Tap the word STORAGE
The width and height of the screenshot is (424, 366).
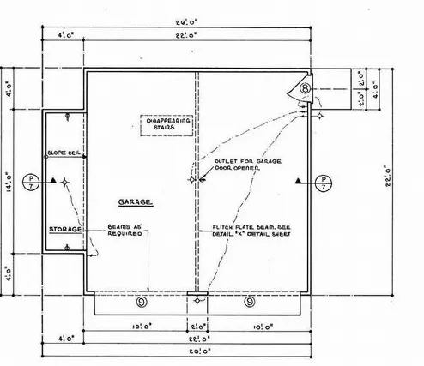pos(64,230)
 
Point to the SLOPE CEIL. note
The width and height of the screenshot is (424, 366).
pos(66,151)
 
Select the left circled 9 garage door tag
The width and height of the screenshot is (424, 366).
pos(142,301)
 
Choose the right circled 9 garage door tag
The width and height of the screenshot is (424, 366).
pos(250,301)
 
